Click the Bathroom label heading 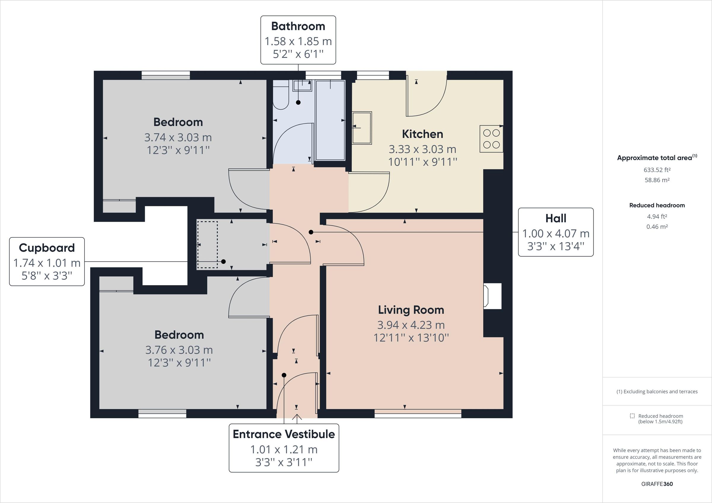tap(298, 26)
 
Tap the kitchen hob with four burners tap(491, 138)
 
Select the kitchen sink tap(362, 128)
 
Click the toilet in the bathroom tap(281, 95)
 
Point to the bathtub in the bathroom tap(330, 120)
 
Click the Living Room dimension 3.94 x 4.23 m tap(411, 325)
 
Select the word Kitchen tap(422, 134)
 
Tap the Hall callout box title tap(556, 218)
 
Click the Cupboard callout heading tap(47, 247)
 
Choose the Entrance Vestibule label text tap(284, 434)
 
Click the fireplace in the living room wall tap(492, 296)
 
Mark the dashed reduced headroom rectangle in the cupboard tap(207, 245)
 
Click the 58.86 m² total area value tap(657, 180)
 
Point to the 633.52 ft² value tap(657, 170)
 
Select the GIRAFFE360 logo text tap(657, 484)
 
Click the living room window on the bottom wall tap(418, 413)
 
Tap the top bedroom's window tap(166, 75)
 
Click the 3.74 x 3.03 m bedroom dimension tap(178, 137)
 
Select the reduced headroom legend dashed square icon tap(632, 416)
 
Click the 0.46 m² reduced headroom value tap(657, 226)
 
